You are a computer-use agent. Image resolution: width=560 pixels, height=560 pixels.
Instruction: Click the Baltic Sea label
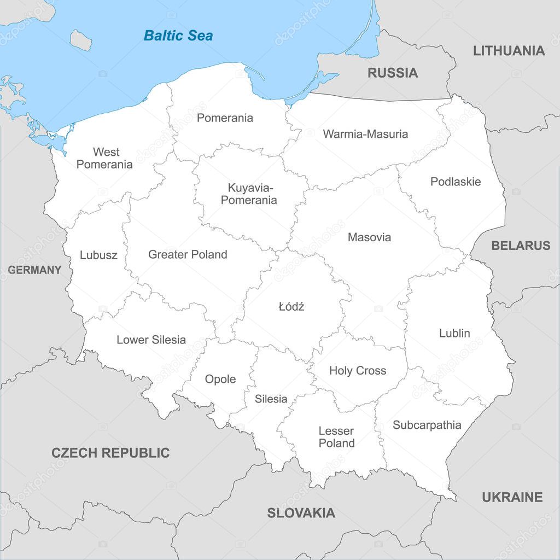click(x=178, y=36)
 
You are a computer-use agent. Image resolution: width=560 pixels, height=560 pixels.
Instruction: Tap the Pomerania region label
click(x=225, y=118)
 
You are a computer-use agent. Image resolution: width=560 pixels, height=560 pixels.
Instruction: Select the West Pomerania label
click(x=104, y=158)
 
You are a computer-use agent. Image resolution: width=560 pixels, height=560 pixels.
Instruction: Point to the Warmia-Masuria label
click(x=365, y=134)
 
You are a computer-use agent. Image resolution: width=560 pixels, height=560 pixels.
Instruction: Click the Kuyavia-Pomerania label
click(x=249, y=194)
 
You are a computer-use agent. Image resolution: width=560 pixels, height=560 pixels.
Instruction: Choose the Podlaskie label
click(x=456, y=182)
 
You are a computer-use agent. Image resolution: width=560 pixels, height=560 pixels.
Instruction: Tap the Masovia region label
click(x=369, y=237)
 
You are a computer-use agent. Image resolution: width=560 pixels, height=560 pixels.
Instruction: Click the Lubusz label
click(x=98, y=255)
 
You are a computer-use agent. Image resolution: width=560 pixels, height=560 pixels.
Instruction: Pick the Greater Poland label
click(x=188, y=254)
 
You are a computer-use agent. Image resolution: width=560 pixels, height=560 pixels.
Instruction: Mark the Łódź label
click(x=291, y=307)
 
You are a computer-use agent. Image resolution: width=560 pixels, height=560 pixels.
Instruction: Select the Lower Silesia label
click(x=151, y=340)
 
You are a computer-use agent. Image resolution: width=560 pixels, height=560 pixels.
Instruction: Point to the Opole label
click(x=220, y=379)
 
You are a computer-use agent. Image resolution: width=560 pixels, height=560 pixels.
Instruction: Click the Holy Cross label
click(x=358, y=371)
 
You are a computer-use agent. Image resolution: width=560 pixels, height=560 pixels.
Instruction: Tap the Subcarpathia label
click(x=427, y=425)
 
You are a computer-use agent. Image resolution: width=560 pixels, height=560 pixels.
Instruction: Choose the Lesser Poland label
click(x=336, y=437)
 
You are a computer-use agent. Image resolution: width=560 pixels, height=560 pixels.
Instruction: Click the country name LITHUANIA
click(x=509, y=51)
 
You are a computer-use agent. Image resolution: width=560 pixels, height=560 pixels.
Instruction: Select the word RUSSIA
click(x=393, y=73)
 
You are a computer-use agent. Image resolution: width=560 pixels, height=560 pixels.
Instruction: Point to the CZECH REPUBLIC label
click(x=110, y=453)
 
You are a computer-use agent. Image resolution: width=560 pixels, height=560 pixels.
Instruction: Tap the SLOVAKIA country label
click(x=301, y=513)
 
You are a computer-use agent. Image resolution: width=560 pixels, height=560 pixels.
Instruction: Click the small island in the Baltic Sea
click(x=80, y=40)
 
